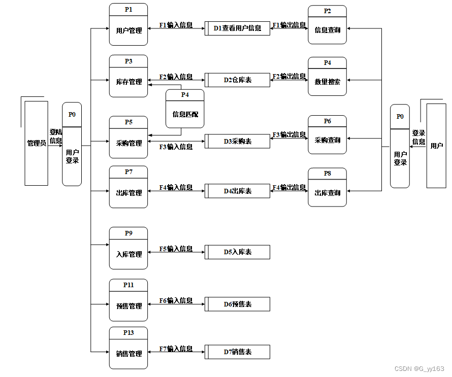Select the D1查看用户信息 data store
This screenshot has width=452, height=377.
point(237,28)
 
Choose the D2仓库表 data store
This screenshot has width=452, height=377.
point(237,80)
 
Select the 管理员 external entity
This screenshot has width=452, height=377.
point(36,143)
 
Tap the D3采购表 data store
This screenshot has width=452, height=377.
point(237,141)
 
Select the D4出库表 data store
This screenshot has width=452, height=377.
point(237,191)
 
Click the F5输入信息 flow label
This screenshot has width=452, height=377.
point(176,249)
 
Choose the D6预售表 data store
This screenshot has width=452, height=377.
point(237,304)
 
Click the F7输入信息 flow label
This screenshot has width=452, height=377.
point(176,349)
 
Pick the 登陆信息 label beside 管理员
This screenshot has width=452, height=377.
point(56,136)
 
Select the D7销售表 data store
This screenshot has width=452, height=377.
point(237,352)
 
